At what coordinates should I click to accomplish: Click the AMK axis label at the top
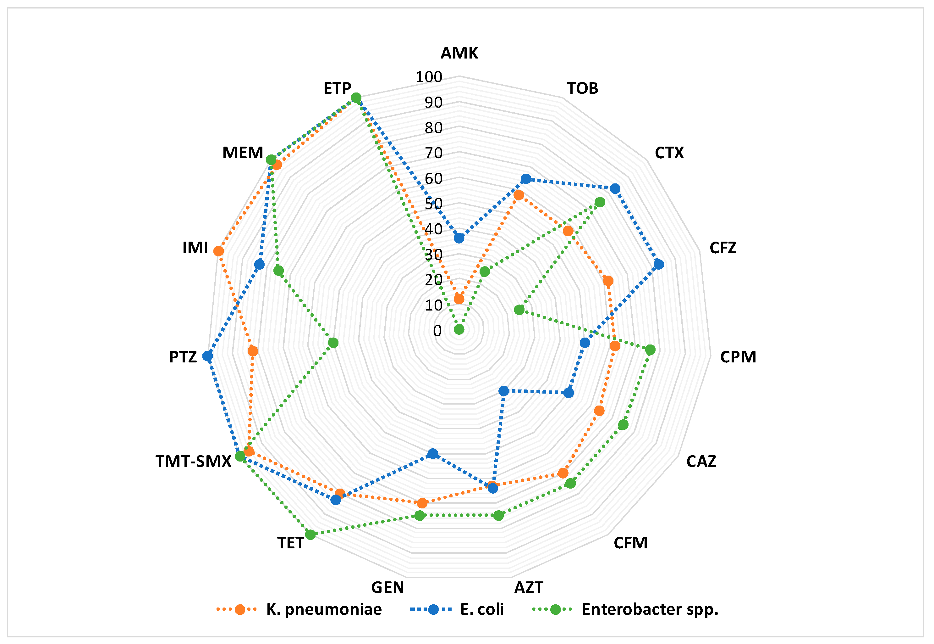pyautogui.click(x=459, y=53)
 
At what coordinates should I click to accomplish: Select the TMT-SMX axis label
pyautogui.click(x=194, y=461)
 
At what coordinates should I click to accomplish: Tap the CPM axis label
pyautogui.click(x=738, y=357)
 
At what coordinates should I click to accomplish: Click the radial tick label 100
pyautogui.click(x=429, y=77)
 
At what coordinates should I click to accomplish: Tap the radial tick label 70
pyautogui.click(x=433, y=153)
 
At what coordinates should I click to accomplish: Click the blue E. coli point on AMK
pyautogui.click(x=459, y=238)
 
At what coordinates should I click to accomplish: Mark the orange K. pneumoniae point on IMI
pyautogui.click(x=218, y=251)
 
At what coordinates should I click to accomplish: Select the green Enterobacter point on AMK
pyautogui.click(x=459, y=330)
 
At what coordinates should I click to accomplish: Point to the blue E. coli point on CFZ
pyautogui.click(x=659, y=265)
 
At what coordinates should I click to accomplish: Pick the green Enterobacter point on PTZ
pyautogui.click(x=333, y=343)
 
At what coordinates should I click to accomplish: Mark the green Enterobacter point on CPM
pyautogui.click(x=650, y=350)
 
